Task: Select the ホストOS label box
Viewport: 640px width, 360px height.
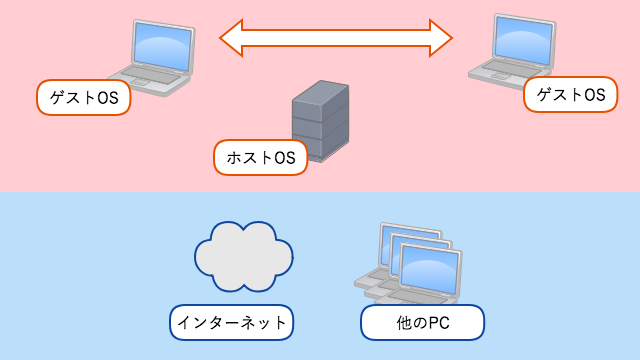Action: point(261,158)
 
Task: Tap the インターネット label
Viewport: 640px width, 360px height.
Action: point(231,322)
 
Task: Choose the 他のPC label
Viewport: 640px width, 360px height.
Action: point(422,322)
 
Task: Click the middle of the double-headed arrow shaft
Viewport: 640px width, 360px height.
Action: point(336,38)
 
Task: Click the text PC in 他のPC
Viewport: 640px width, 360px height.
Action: point(442,322)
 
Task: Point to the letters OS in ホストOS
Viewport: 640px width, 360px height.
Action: point(285,158)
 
